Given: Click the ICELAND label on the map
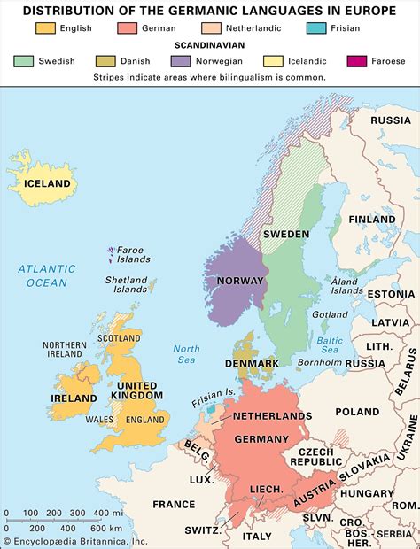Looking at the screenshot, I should point(47,183).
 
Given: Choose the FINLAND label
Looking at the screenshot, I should point(371,220).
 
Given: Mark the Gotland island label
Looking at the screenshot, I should point(331,314).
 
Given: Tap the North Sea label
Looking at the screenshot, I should point(186,354).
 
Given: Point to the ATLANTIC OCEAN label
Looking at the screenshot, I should point(46,275).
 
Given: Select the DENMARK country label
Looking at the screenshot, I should point(251,363).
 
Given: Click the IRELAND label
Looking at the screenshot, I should point(74,398).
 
